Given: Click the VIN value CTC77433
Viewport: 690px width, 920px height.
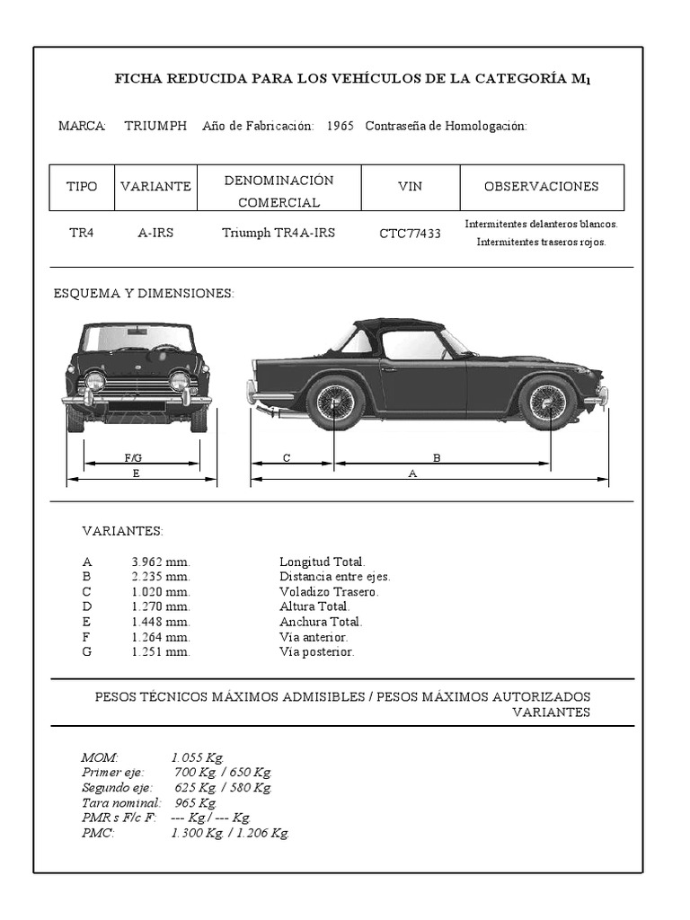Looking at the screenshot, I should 410,234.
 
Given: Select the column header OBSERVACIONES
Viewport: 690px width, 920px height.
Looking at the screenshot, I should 541,187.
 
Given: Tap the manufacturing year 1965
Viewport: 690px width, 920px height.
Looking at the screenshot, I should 340,126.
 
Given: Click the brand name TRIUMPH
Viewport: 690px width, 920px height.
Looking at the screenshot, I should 155,126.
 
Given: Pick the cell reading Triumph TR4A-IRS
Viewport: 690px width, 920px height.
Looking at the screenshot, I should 279,233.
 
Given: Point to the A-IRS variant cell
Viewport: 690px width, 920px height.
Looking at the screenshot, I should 155,233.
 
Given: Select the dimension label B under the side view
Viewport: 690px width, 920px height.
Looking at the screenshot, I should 437,458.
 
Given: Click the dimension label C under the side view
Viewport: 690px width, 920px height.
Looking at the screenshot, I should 287,458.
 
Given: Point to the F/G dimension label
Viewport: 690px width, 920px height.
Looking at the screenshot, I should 133,458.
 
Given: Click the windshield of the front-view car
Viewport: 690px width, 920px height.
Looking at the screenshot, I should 137,339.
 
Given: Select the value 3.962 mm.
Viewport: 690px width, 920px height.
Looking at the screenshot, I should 160,562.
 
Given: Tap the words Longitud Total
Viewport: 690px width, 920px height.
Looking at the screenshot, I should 322,562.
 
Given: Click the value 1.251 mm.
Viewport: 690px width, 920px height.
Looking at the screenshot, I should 160,652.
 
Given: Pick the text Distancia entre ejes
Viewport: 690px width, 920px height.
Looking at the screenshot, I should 334,577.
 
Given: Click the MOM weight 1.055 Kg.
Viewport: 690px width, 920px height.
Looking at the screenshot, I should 197,757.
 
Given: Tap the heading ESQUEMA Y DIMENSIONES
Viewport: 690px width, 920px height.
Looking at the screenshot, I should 144,294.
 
